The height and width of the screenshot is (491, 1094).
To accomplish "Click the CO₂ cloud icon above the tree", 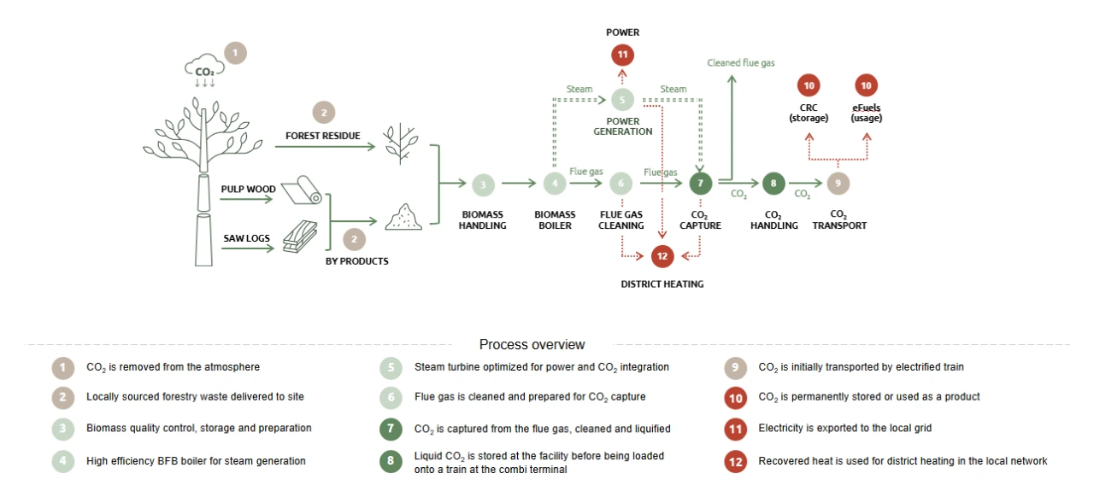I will pyautogui.click(x=204, y=68).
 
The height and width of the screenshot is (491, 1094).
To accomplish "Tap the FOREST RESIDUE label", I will pyautogui.click(x=323, y=136).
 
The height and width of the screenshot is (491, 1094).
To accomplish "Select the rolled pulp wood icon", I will pyautogui.click(x=302, y=191).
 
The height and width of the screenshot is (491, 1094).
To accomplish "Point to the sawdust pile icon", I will pyautogui.click(x=403, y=218).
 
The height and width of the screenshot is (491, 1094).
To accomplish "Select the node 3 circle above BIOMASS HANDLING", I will pyautogui.click(x=483, y=184).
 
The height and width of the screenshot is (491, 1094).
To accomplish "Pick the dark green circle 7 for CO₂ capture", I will pyautogui.click(x=700, y=184).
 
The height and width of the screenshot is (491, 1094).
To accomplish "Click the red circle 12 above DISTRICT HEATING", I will pyautogui.click(x=662, y=255).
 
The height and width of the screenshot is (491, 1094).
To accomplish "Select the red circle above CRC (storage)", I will pyautogui.click(x=808, y=85).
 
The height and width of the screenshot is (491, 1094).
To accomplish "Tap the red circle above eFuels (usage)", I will pyautogui.click(x=867, y=85).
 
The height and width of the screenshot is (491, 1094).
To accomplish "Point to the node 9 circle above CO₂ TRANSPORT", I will pyautogui.click(x=838, y=184).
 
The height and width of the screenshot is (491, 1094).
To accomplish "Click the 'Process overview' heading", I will pyautogui.click(x=532, y=345).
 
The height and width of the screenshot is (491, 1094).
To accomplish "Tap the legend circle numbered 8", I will pyautogui.click(x=391, y=462).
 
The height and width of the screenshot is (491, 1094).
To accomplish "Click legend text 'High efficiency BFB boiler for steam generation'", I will pyautogui.click(x=196, y=461).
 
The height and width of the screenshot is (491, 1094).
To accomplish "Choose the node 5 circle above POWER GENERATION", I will pyautogui.click(x=622, y=100).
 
